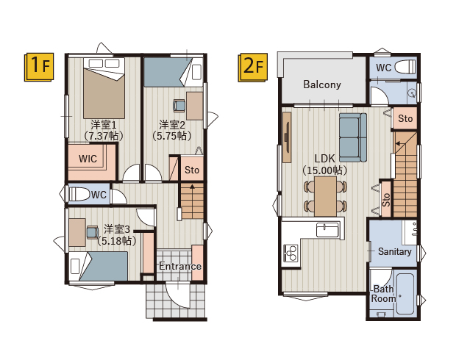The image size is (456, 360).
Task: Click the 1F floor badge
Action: [39, 67]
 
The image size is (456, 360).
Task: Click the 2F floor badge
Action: [253, 67]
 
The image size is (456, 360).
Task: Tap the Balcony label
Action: [322, 84]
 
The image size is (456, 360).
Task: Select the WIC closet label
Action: [88, 159]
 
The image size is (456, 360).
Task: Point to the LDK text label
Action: [325, 159]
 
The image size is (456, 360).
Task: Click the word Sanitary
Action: [395, 251]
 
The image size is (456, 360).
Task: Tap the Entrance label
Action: [180, 266]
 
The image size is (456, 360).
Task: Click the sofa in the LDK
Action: [353, 137]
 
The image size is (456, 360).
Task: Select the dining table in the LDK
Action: [325, 196]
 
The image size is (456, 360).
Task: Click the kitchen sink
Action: [327, 231]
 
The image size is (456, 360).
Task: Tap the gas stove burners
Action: [291, 253]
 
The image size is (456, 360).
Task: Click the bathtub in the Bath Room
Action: [405, 293]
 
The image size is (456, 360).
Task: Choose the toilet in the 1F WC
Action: [79, 195]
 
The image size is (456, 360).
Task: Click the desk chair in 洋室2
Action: [179, 106]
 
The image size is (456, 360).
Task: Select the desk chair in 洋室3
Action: [93, 232]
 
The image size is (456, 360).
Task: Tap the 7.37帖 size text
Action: [104, 136]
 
